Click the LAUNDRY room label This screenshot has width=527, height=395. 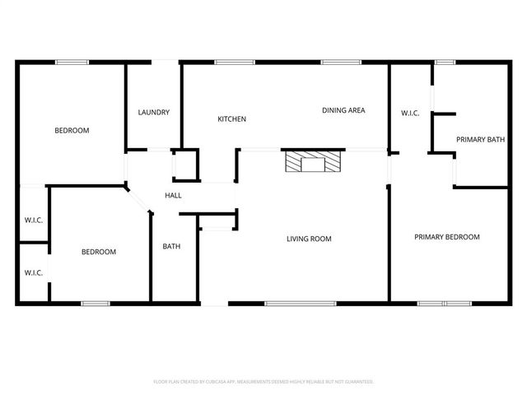[x=154, y=113]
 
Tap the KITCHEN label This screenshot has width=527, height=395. [x=231, y=119]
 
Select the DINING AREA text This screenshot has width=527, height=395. [x=343, y=110]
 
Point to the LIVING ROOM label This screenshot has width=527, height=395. [x=309, y=239]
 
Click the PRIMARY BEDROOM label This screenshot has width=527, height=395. [x=446, y=237]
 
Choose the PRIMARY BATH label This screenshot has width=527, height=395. [x=480, y=140]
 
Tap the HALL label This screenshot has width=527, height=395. [x=173, y=195]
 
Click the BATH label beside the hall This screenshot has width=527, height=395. [x=171, y=246]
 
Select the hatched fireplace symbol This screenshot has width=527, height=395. [x=312, y=161]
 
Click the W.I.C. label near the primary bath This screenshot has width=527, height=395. [x=410, y=114]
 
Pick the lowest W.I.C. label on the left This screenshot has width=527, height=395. [x=33, y=272]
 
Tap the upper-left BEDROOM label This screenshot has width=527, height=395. [x=72, y=130]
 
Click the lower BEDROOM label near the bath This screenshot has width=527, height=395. [x=98, y=252]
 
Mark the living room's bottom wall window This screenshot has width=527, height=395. [x=300, y=304]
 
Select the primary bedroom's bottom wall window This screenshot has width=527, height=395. [x=444, y=304]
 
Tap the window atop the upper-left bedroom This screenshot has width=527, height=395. [x=72, y=62]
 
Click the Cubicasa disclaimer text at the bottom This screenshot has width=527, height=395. [x=263, y=382]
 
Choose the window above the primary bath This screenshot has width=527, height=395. [x=445, y=62]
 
